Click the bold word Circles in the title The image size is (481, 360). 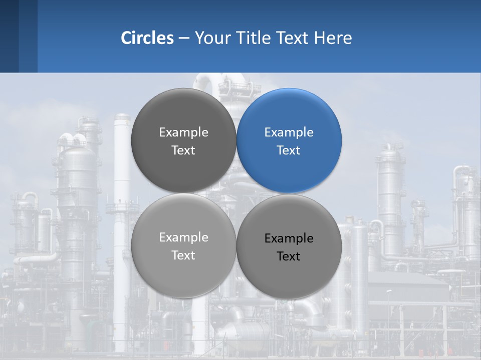click(x=147, y=37)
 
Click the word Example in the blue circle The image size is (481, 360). click(x=289, y=132)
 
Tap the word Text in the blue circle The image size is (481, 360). click(x=289, y=150)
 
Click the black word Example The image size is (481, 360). click(x=289, y=238)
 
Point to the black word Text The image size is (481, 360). click(x=289, y=256)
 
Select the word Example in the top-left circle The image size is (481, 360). click(x=183, y=132)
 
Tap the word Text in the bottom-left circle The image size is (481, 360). click(x=183, y=255)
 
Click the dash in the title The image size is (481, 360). click(x=184, y=38)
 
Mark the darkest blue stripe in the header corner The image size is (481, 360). click(x=9, y=36)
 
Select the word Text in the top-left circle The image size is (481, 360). click(x=183, y=150)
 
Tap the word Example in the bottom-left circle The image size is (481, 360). click(x=183, y=237)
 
